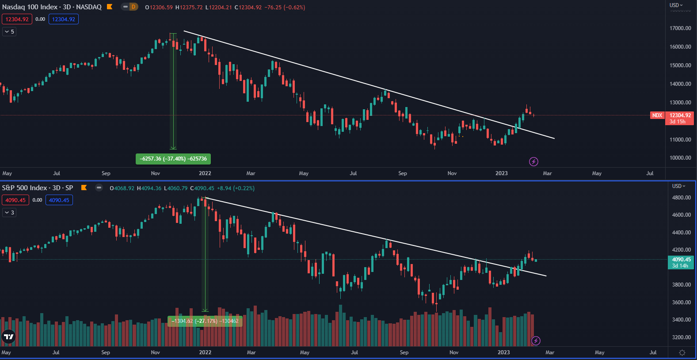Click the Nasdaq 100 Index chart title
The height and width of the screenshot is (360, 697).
coord(52,7)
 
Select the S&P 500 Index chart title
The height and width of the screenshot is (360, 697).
coord(37,188)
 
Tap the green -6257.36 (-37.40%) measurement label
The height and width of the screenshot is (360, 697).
coord(173,159)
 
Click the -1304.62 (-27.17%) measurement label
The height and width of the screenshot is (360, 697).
coord(205,321)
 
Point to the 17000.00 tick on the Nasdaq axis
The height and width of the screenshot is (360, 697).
coord(680,28)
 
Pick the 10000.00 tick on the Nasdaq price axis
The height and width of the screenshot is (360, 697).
coord(680,158)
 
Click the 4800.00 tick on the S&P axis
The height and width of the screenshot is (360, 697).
coord(681,198)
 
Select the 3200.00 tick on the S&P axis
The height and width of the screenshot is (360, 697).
coord(681,337)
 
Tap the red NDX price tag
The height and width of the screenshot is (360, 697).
coord(657,115)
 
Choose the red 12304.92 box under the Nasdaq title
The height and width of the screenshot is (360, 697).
coord(17,19)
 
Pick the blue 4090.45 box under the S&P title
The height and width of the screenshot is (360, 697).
coord(59,200)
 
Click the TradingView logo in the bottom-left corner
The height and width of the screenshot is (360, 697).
coord(8,337)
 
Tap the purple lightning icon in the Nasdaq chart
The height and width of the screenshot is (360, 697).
coord(533,161)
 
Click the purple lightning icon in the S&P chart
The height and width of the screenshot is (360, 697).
coord(536,341)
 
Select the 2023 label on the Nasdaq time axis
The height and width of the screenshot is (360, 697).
coord(501,173)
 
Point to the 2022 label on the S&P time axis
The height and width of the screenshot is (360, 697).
coord(205,352)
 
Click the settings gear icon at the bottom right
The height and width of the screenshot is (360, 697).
coord(682,352)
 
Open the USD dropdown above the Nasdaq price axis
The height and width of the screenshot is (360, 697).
coord(676,5)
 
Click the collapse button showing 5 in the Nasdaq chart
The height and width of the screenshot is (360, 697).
coord(9,32)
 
